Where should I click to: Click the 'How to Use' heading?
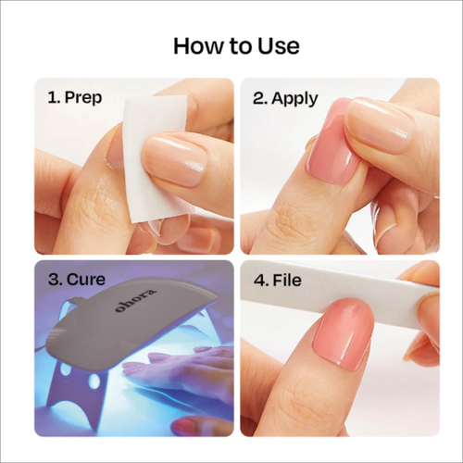click(x=236, y=46)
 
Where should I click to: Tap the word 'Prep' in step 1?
click(x=83, y=98)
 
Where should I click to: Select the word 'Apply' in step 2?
click(x=294, y=98)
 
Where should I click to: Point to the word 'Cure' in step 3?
click(x=86, y=280)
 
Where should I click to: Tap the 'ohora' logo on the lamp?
click(x=136, y=300)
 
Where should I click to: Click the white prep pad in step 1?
click(x=155, y=157)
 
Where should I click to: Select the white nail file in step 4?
click(x=340, y=285)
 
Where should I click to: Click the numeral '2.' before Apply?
click(x=260, y=98)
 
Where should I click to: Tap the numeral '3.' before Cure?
click(x=56, y=280)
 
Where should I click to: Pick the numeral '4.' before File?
click(x=261, y=281)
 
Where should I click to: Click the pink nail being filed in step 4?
click(x=344, y=333)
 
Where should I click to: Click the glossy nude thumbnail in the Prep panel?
click(x=174, y=159)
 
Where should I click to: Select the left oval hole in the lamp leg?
click(x=66, y=369)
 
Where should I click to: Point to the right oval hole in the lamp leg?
click(x=94, y=381)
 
